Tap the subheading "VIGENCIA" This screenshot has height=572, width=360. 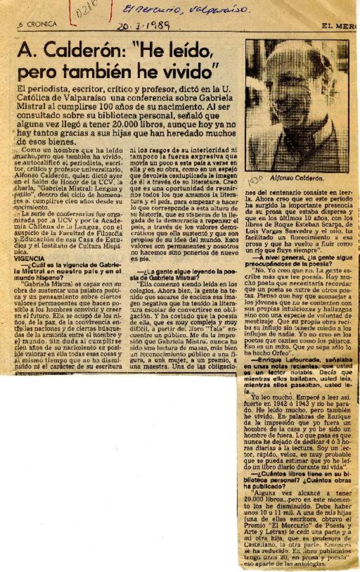[29, 259]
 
